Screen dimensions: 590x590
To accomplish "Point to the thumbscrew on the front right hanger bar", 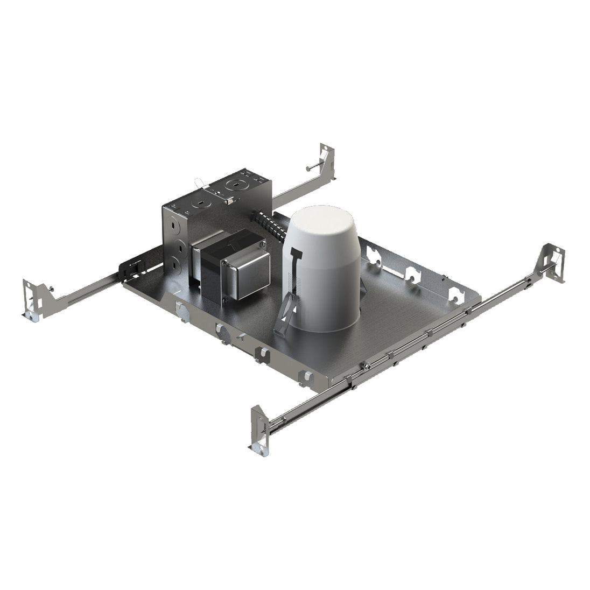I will click(x=366, y=366).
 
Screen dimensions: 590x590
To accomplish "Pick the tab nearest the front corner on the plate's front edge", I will click(x=306, y=377).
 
